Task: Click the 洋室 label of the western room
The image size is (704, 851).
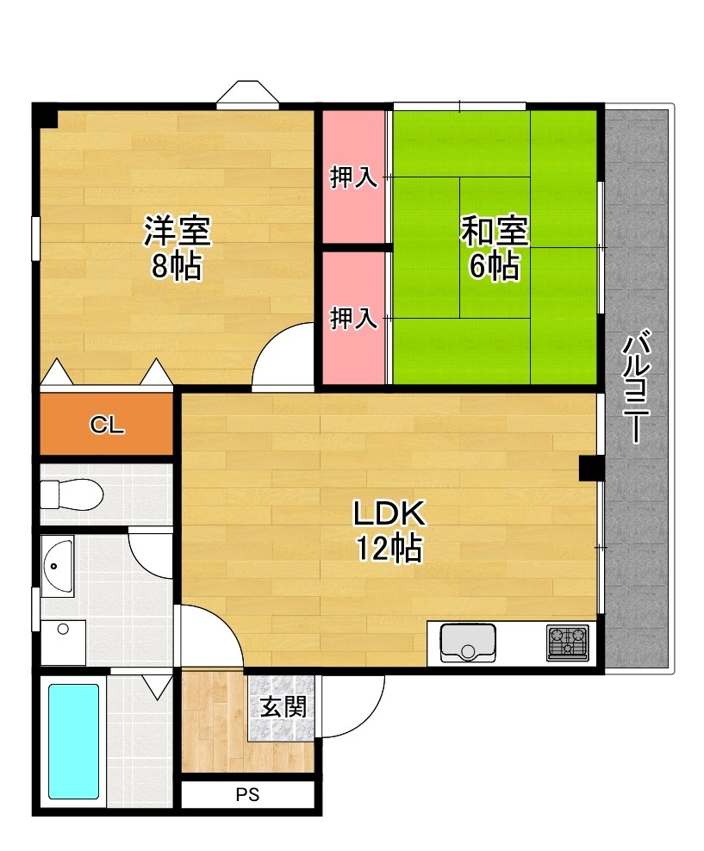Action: coord(178,231)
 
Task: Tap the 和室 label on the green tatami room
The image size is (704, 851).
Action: coord(494,231)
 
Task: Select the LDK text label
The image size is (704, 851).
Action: coord(389,514)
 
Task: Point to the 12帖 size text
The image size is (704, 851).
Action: coord(389,547)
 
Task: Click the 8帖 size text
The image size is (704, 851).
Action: coord(176,267)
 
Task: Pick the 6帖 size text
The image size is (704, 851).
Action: coord(494,267)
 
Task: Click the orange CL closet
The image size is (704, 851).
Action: coord(108,424)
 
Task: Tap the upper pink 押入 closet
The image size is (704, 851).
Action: coord(353,178)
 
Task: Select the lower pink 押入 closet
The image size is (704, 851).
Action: coord(353,318)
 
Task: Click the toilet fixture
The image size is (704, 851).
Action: coord(72,494)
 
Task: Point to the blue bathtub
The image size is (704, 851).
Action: coord(73,741)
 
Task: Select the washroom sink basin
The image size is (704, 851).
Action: coord(58,566)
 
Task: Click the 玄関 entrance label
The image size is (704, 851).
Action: coord(283,708)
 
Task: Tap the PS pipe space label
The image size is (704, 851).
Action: coord(247,795)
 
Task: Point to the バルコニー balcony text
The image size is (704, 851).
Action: coord(638,388)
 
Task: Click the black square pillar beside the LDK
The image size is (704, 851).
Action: coord(590,468)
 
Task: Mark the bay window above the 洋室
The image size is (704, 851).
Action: coord(248,94)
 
